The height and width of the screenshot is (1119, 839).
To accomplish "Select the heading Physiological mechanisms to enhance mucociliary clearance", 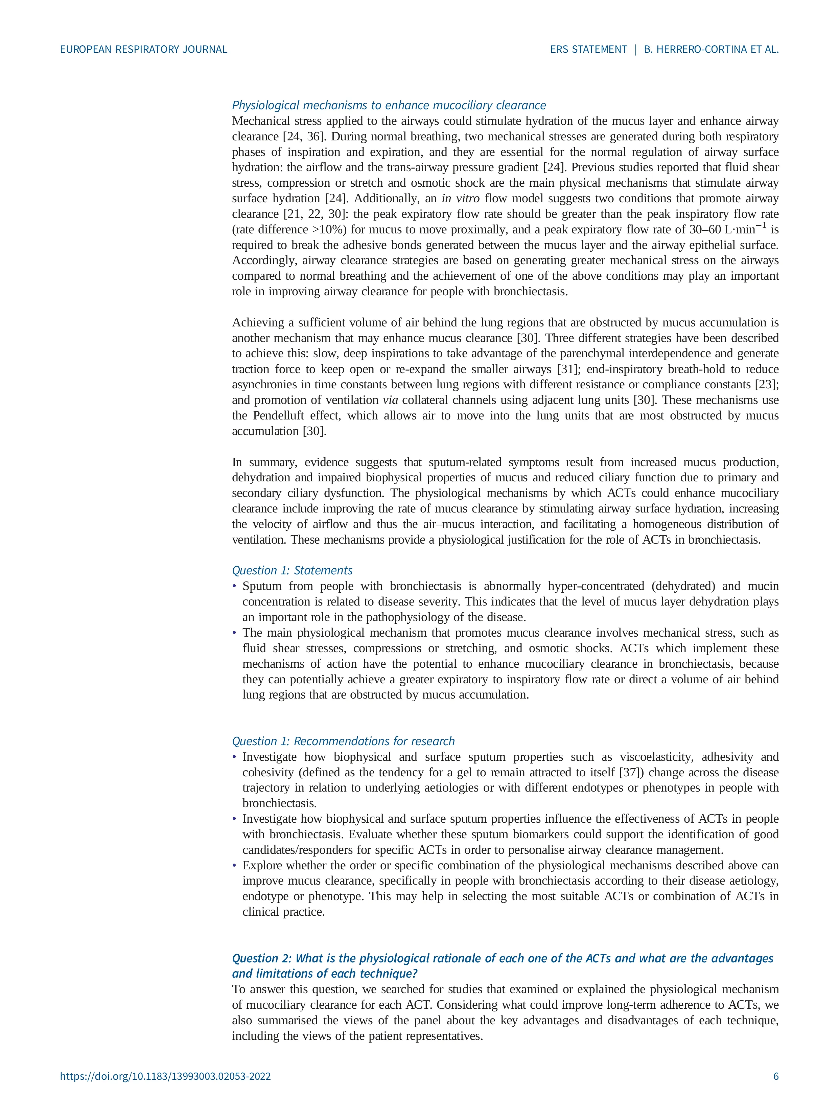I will tap(389, 105).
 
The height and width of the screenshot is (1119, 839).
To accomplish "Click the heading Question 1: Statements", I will tap(292, 570).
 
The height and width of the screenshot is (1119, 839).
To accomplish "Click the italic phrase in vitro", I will tap(460, 198).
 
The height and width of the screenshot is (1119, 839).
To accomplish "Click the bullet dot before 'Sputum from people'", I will tap(234, 586).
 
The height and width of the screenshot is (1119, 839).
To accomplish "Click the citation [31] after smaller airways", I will tap(567, 369).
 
